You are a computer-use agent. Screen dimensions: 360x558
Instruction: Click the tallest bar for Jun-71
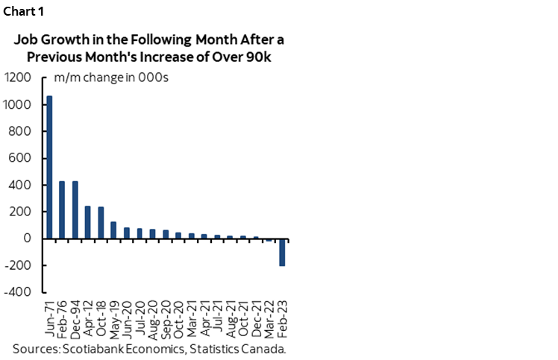(50, 167)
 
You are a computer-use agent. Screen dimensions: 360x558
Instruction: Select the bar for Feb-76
(63, 209)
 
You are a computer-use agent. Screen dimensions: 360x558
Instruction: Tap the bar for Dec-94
(75, 209)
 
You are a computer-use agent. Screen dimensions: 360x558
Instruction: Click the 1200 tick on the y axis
(19, 78)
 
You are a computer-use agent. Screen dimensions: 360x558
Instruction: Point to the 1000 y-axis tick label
(19, 104)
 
